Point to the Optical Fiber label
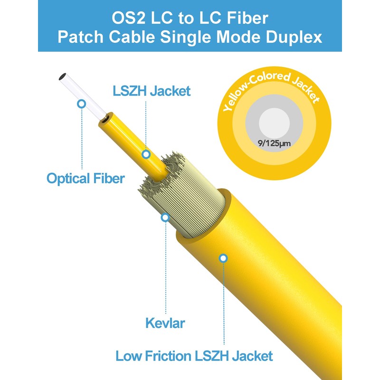click(85, 179)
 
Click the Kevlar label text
click(165, 324)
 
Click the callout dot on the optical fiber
click(82, 103)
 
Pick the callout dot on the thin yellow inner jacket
click(146, 154)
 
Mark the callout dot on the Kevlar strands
click(165, 218)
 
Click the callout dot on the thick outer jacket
click(223, 258)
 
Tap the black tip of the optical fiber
click(61, 76)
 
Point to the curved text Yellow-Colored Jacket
click(270, 90)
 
